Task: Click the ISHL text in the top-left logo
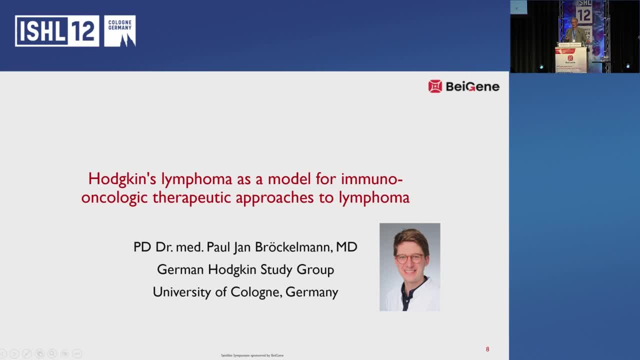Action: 40,31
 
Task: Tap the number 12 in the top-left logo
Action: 82,31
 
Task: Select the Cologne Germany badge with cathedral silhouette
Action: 120,31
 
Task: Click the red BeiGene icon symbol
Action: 435,86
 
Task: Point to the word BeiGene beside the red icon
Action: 472,86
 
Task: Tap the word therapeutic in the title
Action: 192,197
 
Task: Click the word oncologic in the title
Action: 114,197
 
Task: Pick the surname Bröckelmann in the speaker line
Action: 293,247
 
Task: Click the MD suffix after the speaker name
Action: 346,247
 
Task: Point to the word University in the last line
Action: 182,292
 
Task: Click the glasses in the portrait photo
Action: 409,259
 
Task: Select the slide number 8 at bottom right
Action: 487,349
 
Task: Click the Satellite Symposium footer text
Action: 252,355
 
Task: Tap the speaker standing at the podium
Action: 574,32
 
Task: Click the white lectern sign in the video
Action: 570,60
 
